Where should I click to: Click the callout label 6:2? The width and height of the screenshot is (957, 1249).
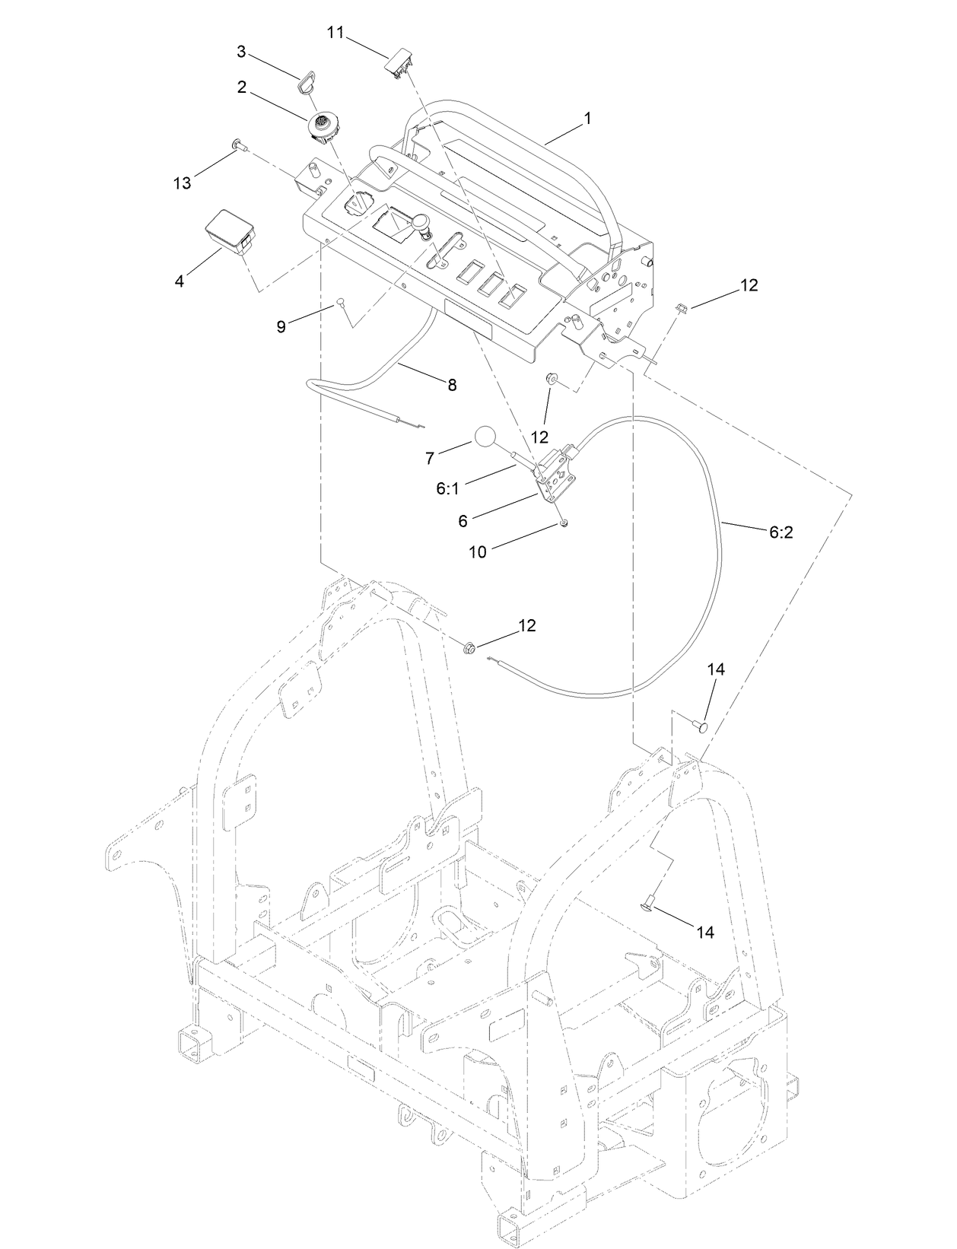pyautogui.click(x=781, y=532)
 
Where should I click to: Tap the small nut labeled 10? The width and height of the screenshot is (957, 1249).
pyautogui.click(x=564, y=523)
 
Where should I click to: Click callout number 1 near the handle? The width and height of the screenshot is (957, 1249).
pyautogui.click(x=586, y=119)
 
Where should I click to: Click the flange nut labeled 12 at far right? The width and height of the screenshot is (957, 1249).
pyautogui.click(x=681, y=307)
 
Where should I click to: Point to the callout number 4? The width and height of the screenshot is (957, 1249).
pyautogui.click(x=180, y=281)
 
